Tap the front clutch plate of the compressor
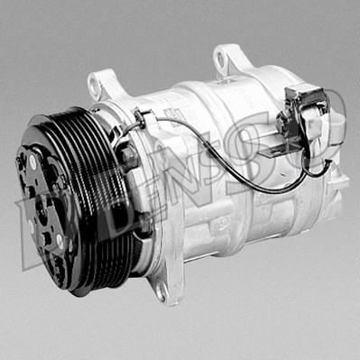pyautogui.click(x=45, y=210)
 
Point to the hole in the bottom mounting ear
pyautogui.click(x=161, y=292)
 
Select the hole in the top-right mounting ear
pyautogui.click(x=221, y=58)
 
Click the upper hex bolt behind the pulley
pyautogui.click(x=128, y=157)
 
